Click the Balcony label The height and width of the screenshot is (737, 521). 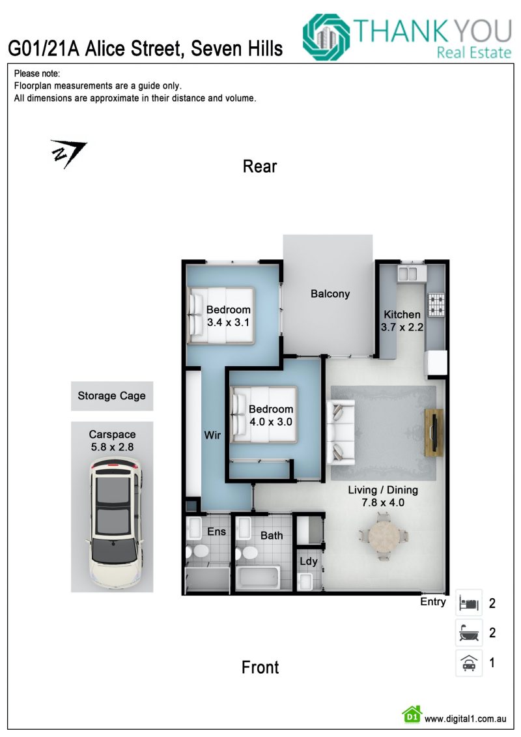point(330,294)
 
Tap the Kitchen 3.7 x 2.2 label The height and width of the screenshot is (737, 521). point(402,321)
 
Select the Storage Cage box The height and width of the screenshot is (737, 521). point(112,396)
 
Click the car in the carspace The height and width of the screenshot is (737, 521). point(115,524)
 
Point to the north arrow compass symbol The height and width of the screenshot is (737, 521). point(68,152)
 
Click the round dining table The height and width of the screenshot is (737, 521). point(384,536)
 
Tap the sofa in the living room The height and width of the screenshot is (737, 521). point(341,432)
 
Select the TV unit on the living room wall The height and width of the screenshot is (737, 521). point(434,433)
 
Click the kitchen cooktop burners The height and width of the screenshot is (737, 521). point(436,304)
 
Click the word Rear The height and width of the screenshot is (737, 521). point(260,166)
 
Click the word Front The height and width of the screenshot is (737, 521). point(260,667)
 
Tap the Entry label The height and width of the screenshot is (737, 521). point(432,602)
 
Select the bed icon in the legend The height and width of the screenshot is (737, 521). point(469,603)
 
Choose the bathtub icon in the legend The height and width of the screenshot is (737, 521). point(469,633)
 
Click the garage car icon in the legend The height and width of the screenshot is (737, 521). point(469,663)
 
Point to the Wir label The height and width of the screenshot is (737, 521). point(212,435)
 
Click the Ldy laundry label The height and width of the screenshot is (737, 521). point(309,562)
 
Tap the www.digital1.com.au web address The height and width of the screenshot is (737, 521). point(466,719)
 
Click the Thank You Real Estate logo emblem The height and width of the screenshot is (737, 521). point(326,37)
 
